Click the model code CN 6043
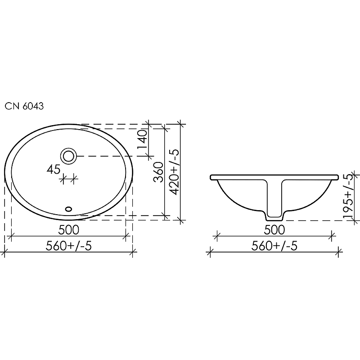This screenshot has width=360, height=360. coord(24,107)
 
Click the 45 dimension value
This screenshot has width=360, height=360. coord(54,170)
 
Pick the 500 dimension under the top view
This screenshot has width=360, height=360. coord(69,229)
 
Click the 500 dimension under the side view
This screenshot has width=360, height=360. coord(274,229)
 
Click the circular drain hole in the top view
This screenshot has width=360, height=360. coord(69,156)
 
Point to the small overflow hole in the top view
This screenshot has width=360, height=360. coord(69,209)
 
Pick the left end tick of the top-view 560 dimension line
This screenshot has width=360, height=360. coord(4,253)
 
